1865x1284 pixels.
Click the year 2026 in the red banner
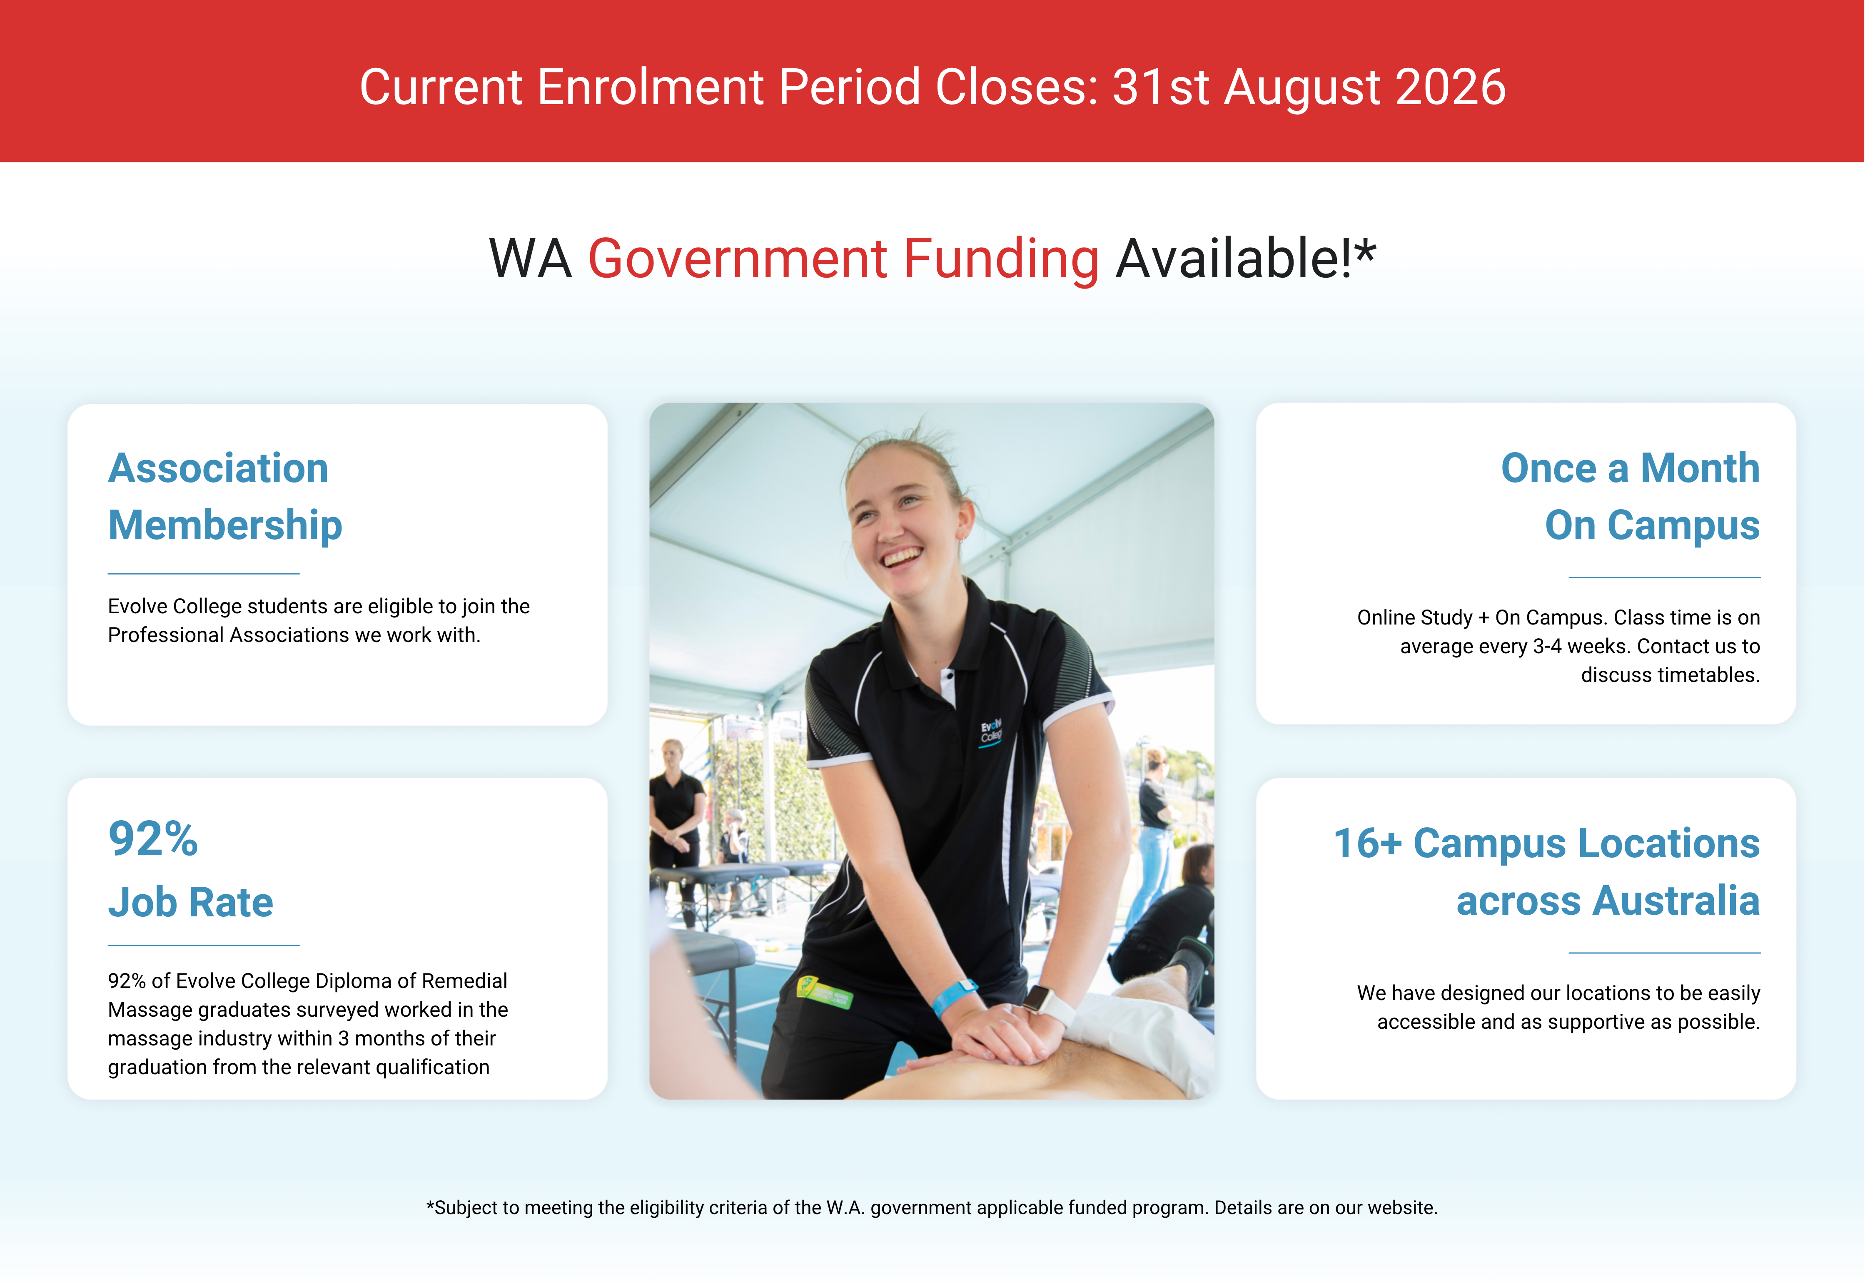tap(1451, 87)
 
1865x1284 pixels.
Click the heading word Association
tap(218, 468)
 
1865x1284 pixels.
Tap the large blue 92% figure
tap(153, 839)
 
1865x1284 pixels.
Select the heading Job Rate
tap(191, 902)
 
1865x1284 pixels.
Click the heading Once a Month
tap(1630, 468)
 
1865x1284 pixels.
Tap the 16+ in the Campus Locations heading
tap(1368, 843)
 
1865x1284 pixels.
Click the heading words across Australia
tap(1608, 900)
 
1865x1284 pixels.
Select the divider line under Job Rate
tap(204, 945)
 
